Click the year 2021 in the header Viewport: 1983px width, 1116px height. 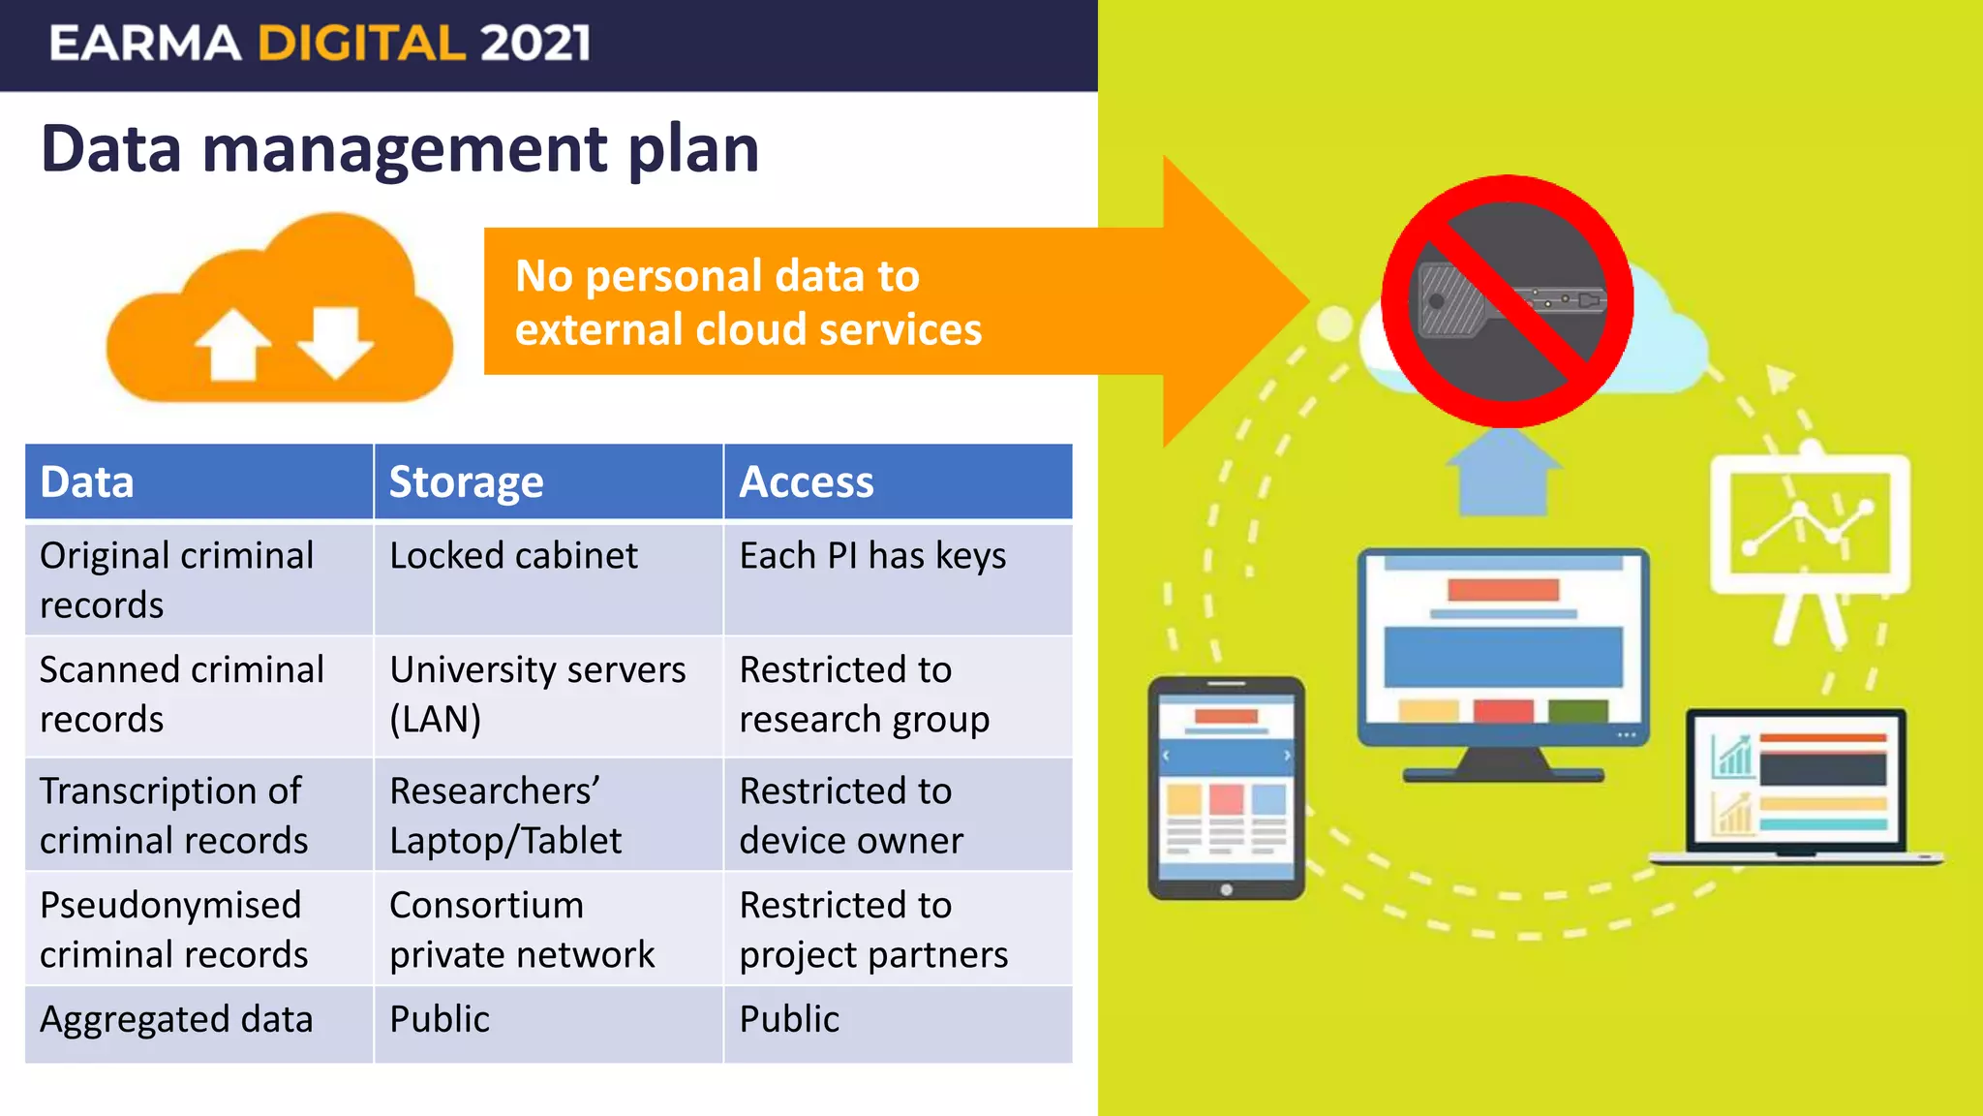(x=534, y=44)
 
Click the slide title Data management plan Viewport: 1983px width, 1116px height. (x=400, y=149)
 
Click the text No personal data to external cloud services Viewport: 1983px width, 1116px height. (x=747, y=302)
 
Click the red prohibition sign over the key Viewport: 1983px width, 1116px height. (x=1507, y=301)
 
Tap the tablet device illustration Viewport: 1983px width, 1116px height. (x=1226, y=788)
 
